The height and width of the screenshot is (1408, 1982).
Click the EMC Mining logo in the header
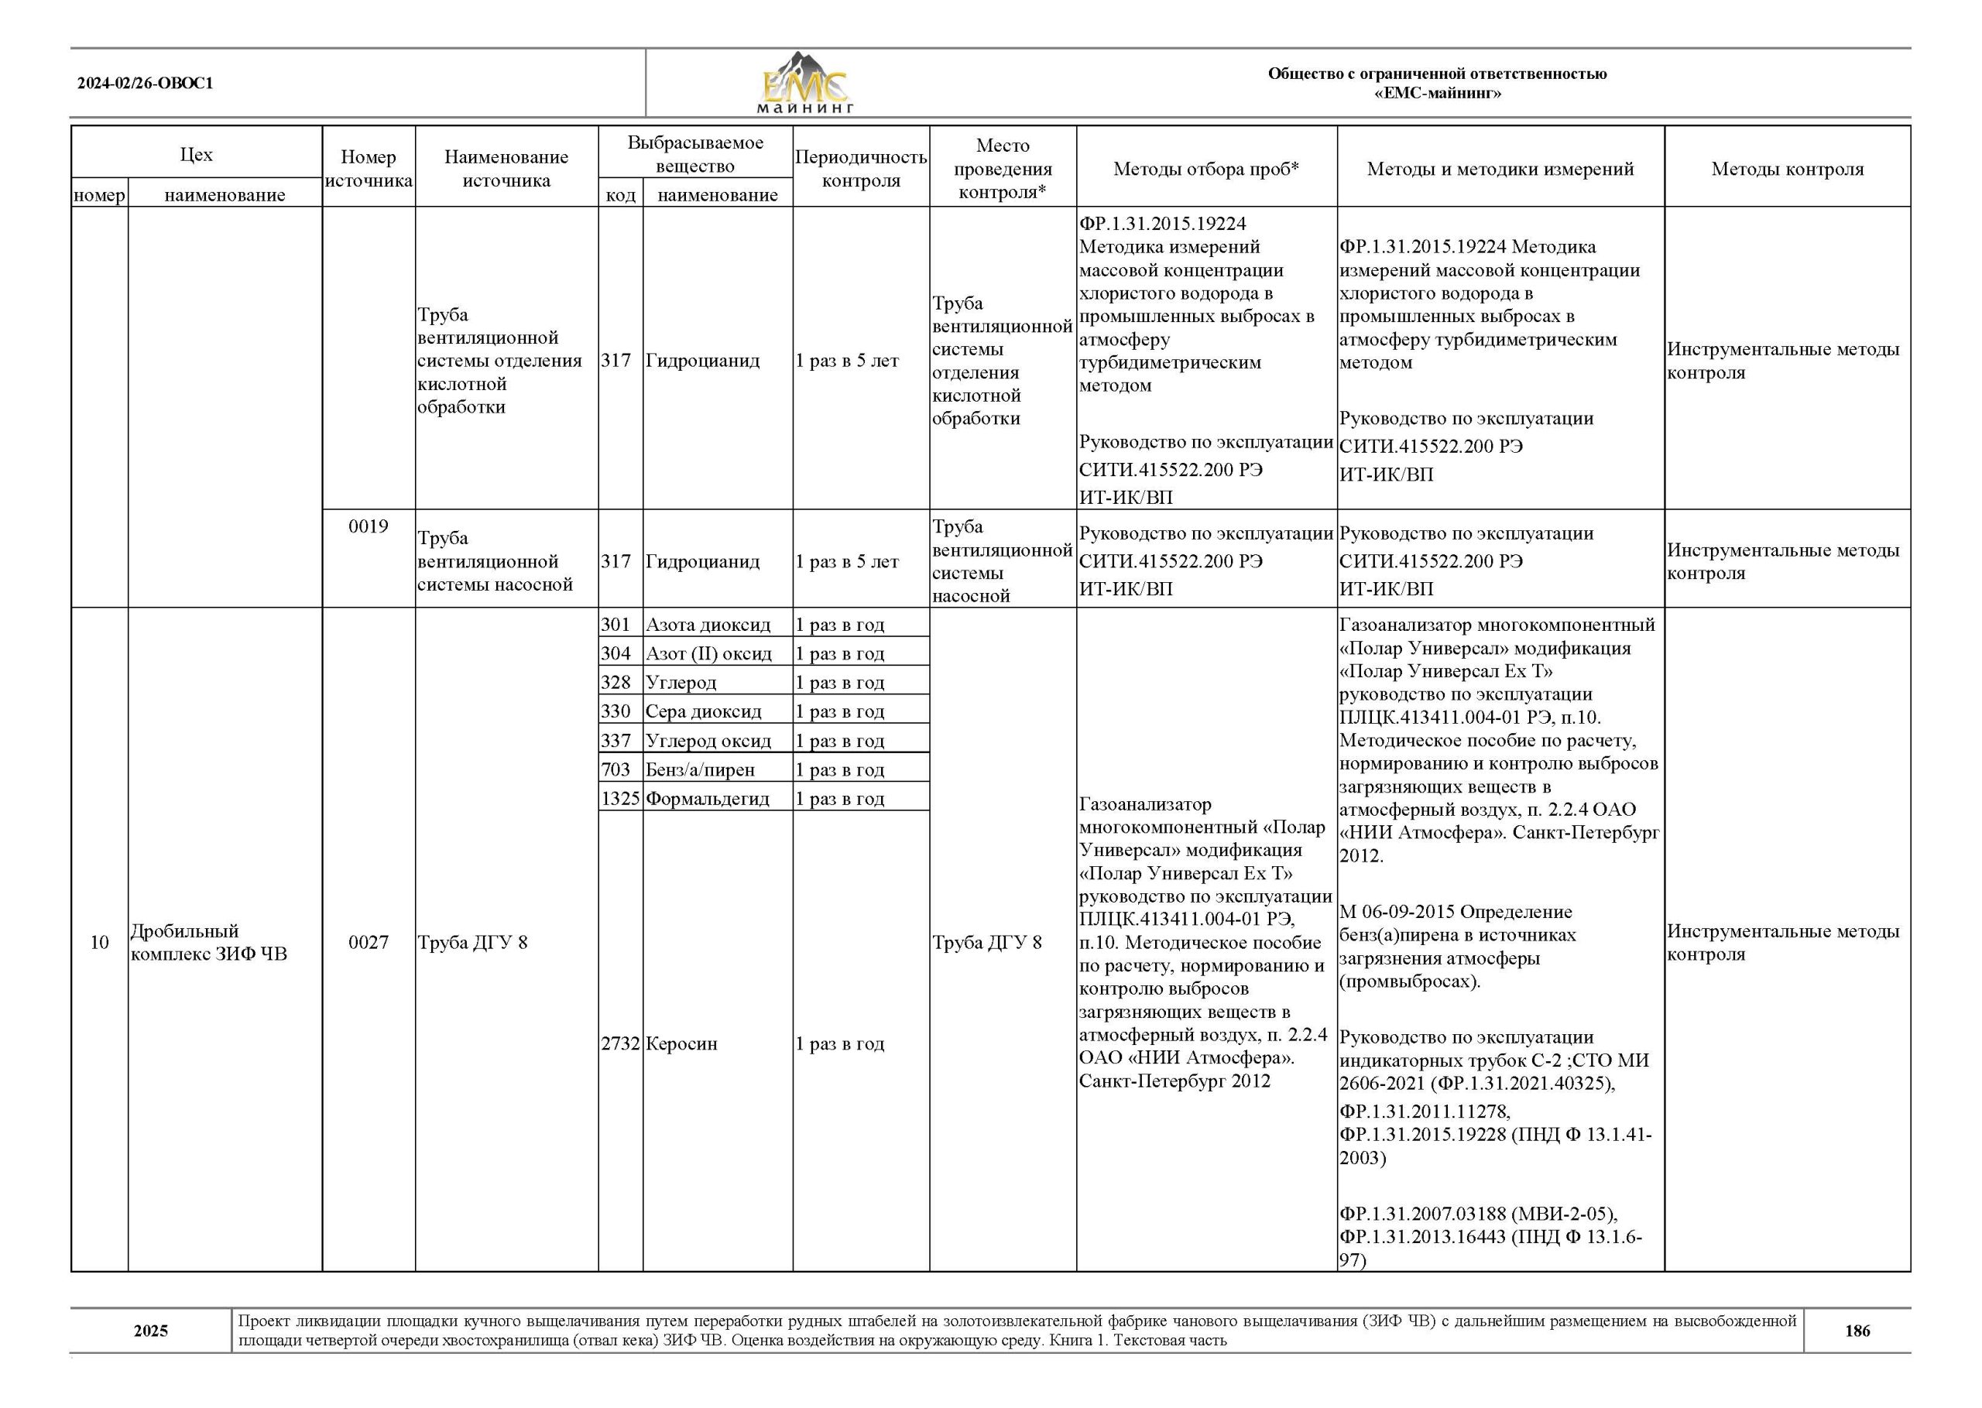pos(804,84)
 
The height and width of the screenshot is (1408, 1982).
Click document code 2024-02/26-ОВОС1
pos(145,84)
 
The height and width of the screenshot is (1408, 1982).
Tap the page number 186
pos(1857,1331)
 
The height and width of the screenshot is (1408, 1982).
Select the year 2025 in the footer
pos(151,1331)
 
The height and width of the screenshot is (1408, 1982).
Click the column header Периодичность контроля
pos(860,168)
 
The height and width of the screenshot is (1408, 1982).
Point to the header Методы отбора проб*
pos(1206,169)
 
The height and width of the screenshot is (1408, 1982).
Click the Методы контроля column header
pos(1787,169)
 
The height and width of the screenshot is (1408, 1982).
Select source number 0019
pos(369,526)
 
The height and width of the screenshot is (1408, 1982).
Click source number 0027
pos(369,943)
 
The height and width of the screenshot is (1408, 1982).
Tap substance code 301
pos(616,624)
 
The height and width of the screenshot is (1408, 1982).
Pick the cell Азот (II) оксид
pos(708,654)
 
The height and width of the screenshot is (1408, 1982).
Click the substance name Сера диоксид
pos(703,712)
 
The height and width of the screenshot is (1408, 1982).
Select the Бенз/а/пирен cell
pos(700,770)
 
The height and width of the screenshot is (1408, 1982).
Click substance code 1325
pos(620,799)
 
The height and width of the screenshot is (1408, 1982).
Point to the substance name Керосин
pos(681,1044)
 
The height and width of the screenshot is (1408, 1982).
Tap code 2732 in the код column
pos(620,1044)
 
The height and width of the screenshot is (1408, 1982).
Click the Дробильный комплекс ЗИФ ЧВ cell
pos(208,943)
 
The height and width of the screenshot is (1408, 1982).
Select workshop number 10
pos(100,943)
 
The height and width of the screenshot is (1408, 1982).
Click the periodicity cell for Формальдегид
pos(839,799)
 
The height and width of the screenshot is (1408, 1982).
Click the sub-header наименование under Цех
pos(225,195)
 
